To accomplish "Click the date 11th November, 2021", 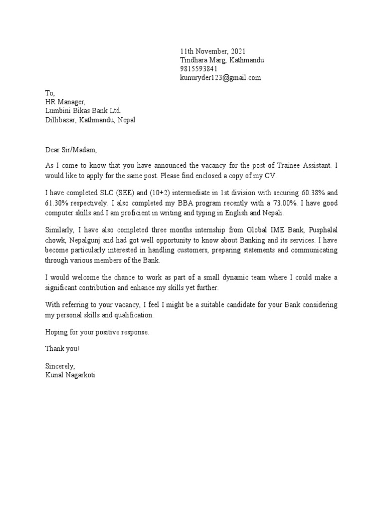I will (x=212, y=51).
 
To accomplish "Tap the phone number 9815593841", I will (x=199, y=69).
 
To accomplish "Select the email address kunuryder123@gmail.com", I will (x=220, y=78).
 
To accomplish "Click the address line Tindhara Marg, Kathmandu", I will (x=222, y=60).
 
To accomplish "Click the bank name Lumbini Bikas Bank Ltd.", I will (x=83, y=111).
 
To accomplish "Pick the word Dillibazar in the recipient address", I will (x=59, y=120).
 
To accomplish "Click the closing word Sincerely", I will (x=60, y=366).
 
